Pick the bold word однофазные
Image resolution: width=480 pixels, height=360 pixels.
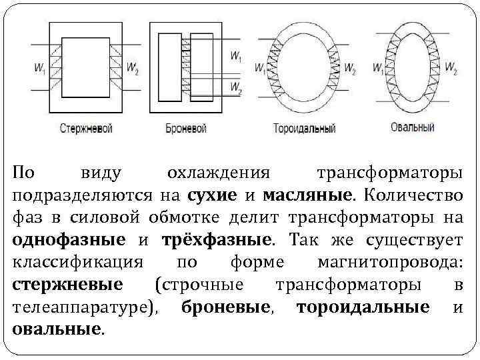69,240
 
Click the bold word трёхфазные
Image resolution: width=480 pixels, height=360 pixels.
214,240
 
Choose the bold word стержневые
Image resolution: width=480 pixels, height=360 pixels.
67,285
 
